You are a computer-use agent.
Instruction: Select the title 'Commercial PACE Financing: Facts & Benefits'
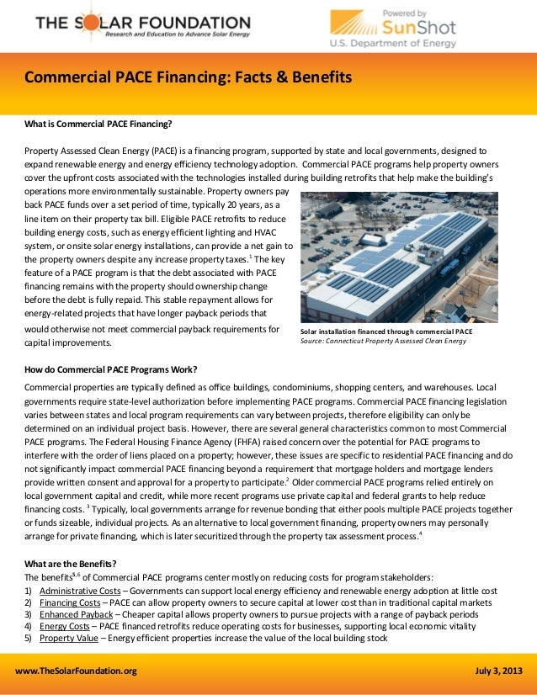[x=187, y=79]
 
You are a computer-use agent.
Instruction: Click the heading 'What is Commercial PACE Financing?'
[x=98, y=125]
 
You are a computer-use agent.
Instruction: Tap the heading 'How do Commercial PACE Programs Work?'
[x=111, y=369]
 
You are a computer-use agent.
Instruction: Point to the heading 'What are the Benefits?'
[x=71, y=563]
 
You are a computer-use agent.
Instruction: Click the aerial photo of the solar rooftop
[x=399, y=257]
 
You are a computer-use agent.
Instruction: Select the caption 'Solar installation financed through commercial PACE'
[x=385, y=332]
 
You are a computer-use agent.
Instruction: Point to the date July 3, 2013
[x=499, y=671]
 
